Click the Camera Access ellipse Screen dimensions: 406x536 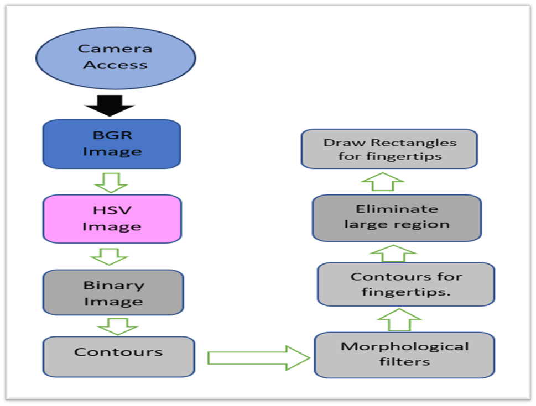click(x=116, y=57)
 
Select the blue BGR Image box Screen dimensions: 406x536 click(x=112, y=144)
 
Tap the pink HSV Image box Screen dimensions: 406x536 click(x=112, y=219)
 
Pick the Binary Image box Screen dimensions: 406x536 click(x=113, y=293)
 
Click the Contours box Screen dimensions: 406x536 click(x=118, y=357)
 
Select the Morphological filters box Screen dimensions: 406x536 click(x=404, y=355)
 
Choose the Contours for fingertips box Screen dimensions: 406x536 click(x=405, y=284)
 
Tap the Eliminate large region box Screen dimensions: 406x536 click(x=397, y=218)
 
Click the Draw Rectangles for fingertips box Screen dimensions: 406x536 click(x=389, y=149)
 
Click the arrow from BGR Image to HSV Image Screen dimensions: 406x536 click(x=111, y=181)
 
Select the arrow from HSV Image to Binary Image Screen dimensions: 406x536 click(x=111, y=256)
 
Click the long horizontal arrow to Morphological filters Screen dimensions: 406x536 click(x=258, y=358)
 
